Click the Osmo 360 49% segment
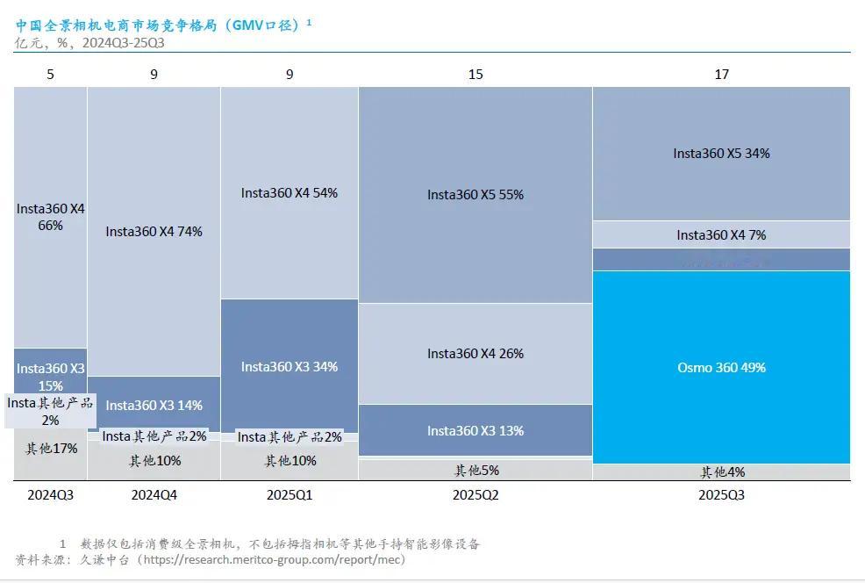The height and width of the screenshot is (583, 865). [x=721, y=367]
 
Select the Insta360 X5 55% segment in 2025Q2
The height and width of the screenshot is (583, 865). [x=475, y=195]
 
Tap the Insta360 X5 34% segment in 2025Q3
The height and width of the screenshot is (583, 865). [x=721, y=153]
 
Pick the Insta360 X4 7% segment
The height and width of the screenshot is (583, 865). [x=721, y=234]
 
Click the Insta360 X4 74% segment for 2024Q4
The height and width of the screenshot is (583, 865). [x=154, y=232]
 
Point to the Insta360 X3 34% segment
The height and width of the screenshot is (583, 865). [x=289, y=366]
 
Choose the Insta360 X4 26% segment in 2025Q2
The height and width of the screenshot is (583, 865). [x=475, y=353]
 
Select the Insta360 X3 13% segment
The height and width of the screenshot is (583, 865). [x=475, y=430]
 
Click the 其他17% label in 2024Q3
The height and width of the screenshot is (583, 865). [x=51, y=449]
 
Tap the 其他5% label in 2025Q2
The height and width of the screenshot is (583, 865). [x=475, y=470]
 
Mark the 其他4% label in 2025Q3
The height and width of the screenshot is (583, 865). [x=721, y=472]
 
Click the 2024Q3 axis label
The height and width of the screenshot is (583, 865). [x=51, y=495]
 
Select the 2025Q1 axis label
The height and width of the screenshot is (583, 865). [x=289, y=495]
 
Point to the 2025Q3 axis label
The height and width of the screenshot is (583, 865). [x=721, y=495]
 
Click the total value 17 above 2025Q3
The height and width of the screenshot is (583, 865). [x=721, y=75]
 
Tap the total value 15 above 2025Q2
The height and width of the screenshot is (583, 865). [x=475, y=75]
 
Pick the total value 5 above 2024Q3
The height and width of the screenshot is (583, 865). [x=51, y=75]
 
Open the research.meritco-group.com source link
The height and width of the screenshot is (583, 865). [x=271, y=559]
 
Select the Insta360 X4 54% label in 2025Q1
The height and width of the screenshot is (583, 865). [x=289, y=192]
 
